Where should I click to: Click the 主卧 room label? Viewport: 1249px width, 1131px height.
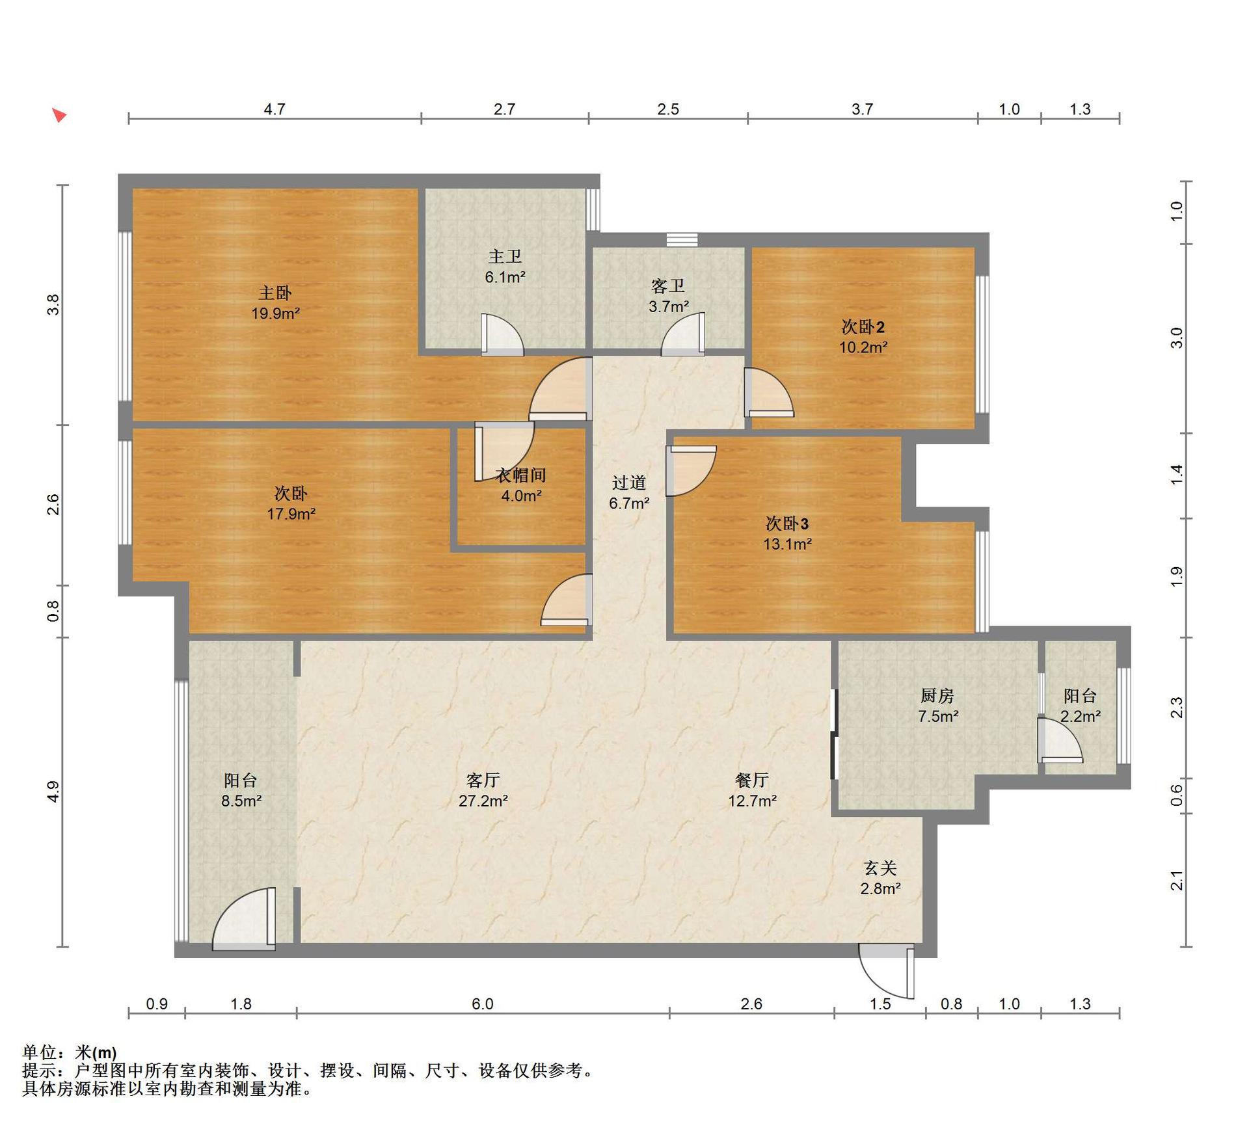tap(275, 293)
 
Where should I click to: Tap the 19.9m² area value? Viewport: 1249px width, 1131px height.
tap(276, 313)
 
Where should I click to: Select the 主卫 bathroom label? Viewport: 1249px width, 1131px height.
tap(505, 256)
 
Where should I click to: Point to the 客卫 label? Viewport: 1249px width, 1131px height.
tap(668, 286)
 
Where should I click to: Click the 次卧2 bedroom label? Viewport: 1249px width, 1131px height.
tap(863, 326)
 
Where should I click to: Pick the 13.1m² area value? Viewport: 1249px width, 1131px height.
tap(787, 544)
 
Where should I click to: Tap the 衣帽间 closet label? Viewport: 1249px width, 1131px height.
tap(521, 475)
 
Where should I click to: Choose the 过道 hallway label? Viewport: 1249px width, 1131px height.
tap(629, 483)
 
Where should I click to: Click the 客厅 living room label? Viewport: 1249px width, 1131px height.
tap(483, 780)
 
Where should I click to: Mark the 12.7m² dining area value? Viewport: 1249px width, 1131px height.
tap(752, 801)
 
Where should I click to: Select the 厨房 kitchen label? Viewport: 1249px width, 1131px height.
tap(937, 696)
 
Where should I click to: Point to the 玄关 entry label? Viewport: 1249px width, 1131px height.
tap(880, 868)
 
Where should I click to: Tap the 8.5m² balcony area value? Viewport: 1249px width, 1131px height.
tap(241, 801)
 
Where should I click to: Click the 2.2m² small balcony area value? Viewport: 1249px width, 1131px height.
tap(1081, 717)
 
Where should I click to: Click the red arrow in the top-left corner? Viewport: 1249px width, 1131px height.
tap(59, 115)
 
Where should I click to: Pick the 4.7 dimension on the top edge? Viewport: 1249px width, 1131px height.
tap(275, 109)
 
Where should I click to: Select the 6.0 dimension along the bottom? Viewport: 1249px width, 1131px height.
tap(483, 1004)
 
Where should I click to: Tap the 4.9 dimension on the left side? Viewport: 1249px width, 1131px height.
tap(53, 792)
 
